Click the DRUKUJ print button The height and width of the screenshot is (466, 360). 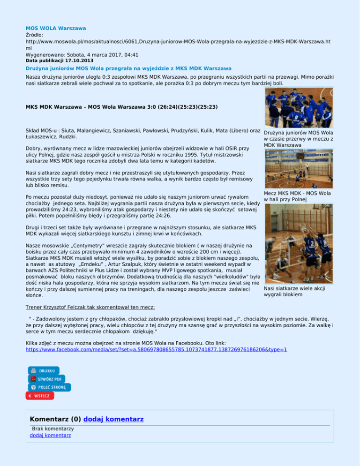tap(44, 370)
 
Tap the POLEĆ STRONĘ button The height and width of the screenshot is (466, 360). tap(49, 387)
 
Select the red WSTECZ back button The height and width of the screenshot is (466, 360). tap(40, 396)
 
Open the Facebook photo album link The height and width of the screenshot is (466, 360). tap(156, 350)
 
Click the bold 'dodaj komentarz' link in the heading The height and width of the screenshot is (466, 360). tap(113, 419)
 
